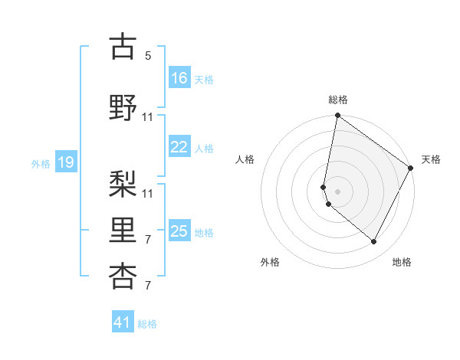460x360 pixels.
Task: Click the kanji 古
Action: [123, 47]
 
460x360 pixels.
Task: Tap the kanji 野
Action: [123, 107]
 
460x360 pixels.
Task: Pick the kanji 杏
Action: [123, 277]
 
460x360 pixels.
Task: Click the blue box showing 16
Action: [179, 78]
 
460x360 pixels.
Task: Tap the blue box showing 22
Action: [179, 147]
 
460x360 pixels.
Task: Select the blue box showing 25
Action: [179, 231]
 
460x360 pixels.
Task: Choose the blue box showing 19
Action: [66, 162]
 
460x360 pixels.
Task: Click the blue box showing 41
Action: [123, 322]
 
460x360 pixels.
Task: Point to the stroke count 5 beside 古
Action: [148, 56]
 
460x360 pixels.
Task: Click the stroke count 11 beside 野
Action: [148, 116]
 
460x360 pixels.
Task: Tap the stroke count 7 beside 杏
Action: [148, 286]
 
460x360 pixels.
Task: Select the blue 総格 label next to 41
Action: [147, 324]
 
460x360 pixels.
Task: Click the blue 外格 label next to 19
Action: [40, 163]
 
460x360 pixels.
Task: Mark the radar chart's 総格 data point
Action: [337, 116]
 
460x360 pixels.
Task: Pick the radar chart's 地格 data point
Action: [374, 242]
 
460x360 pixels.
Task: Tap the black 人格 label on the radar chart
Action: [245, 159]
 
